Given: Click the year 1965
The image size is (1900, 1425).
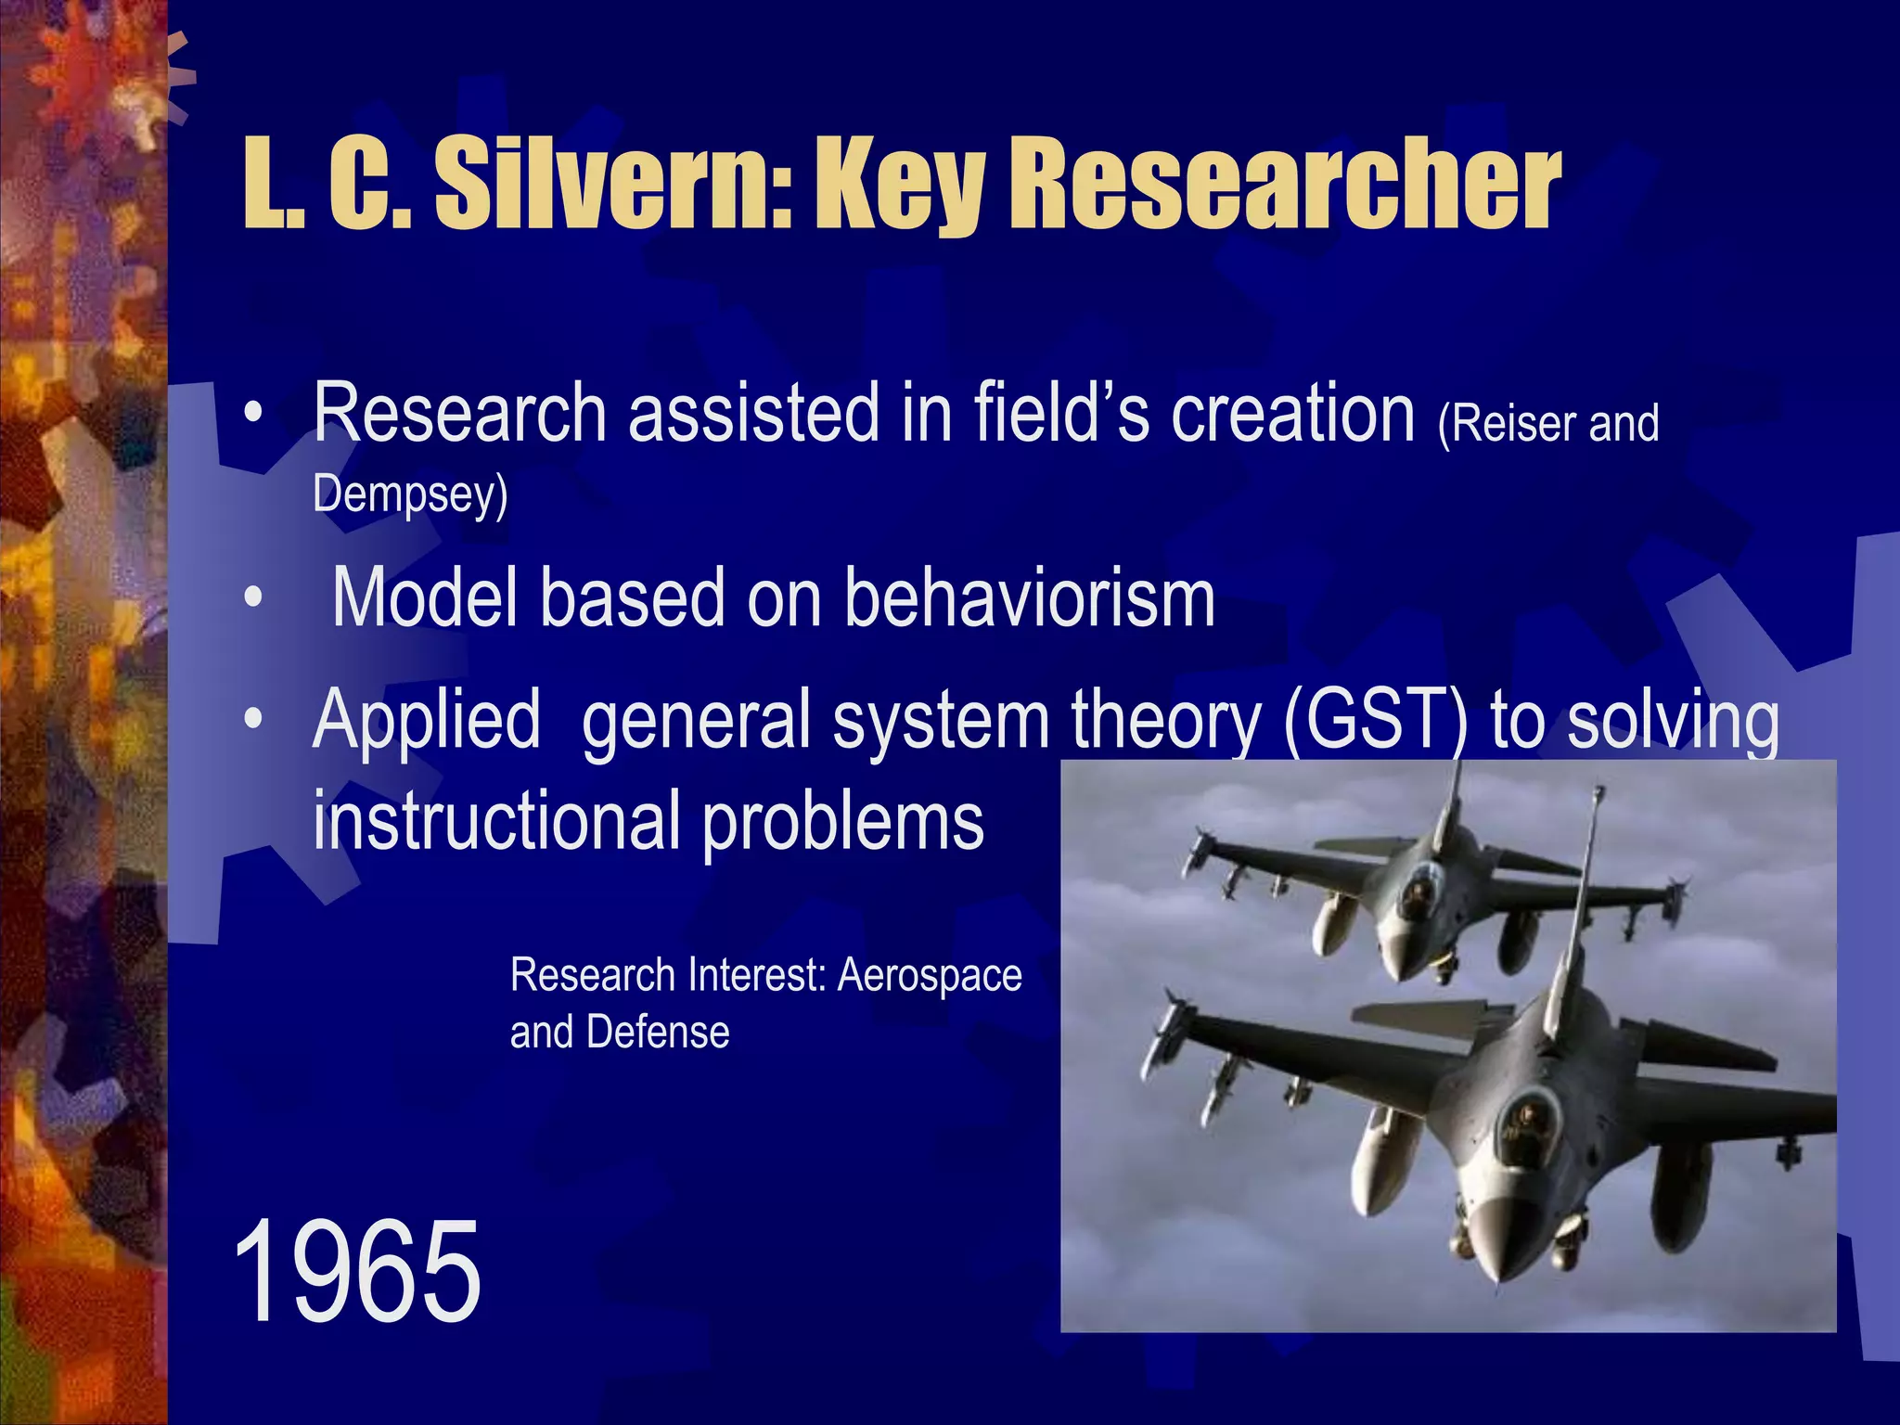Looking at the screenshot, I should tap(357, 1273).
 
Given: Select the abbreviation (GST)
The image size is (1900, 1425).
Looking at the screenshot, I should tap(1376, 721).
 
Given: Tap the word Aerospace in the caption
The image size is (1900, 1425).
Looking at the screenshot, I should tap(930, 975).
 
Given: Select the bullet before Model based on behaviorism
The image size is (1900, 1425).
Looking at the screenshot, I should tap(253, 598).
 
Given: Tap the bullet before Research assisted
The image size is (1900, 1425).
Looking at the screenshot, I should tap(253, 414).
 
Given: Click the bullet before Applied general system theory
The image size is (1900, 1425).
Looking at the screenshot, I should tap(253, 719).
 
